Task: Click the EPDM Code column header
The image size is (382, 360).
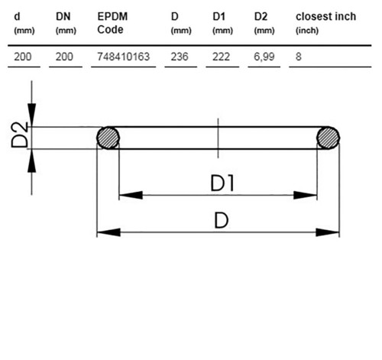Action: (x=112, y=23)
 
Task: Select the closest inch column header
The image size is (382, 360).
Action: (x=325, y=23)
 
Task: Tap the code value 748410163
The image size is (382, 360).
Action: (x=124, y=57)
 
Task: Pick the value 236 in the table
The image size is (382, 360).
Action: (x=180, y=57)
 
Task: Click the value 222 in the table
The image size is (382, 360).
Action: (x=221, y=57)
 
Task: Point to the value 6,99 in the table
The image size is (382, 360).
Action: (x=264, y=57)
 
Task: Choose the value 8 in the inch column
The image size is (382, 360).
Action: (x=299, y=57)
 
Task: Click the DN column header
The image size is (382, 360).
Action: (x=66, y=23)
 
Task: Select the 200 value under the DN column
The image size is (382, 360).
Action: (x=64, y=57)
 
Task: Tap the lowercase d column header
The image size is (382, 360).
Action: (x=24, y=23)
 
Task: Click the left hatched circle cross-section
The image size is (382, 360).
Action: (x=108, y=138)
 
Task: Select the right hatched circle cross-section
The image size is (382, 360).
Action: (x=328, y=138)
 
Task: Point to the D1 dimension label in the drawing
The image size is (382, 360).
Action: (x=222, y=183)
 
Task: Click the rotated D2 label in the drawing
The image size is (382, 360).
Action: (x=20, y=135)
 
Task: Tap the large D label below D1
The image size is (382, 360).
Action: (x=221, y=220)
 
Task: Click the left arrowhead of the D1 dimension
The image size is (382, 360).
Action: (x=131, y=195)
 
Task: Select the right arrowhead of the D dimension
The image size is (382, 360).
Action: (x=328, y=232)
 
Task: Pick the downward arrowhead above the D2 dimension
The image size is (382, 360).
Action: (x=31, y=115)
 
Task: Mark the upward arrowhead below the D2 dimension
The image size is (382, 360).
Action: (x=31, y=161)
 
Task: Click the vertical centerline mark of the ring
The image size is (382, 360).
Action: (x=218, y=138)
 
